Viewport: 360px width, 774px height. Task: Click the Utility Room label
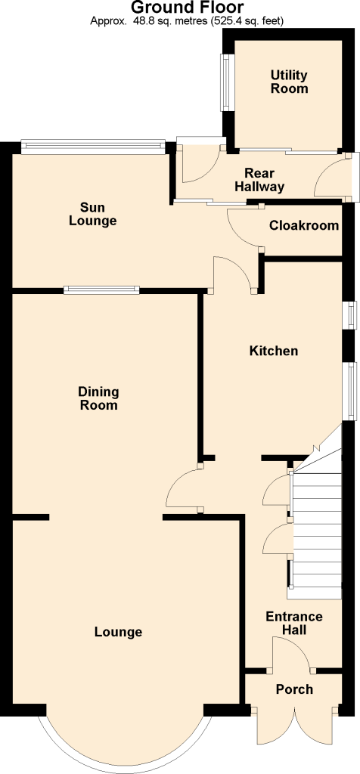point(289,82)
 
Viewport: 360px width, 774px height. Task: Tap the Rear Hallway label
point(259,180)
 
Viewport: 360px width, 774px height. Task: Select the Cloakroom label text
point(304,225)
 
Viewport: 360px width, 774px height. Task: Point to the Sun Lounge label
point(93,214)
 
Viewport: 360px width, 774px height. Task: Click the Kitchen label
point(274,351)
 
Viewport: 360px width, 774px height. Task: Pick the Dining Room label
point(99,398)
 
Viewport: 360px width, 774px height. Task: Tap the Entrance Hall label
point(294,623)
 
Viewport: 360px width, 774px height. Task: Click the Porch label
point(294,689)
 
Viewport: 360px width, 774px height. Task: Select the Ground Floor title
point(187,8)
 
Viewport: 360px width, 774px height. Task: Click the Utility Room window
point(225,82)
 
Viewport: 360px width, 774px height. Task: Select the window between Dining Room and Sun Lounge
point(101,290)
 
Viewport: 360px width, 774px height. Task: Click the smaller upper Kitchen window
point(351,314)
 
